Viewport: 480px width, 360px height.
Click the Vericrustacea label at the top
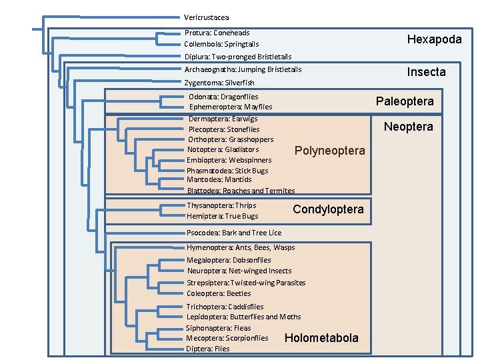point(207,17)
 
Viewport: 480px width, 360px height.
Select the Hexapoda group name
point(434,39)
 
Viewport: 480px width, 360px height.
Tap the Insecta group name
point(426,72)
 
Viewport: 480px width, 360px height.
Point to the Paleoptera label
point(404,101)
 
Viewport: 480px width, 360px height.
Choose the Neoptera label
point(409,127)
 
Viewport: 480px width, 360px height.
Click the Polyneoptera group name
point(329,151)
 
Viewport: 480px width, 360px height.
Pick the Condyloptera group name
point(328,209)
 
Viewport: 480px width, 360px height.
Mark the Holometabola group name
point(321,338)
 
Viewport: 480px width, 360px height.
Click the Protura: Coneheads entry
point(217,33)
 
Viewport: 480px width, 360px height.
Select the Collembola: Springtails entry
point(221,44)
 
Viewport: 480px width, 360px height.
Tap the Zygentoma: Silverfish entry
point(219,83)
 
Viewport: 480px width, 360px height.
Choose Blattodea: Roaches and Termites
point(241,191)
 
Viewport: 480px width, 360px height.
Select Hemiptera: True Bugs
point(222,216)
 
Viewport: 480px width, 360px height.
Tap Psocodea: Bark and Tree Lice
point(233,233)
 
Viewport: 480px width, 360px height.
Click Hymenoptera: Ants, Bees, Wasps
point(240,247)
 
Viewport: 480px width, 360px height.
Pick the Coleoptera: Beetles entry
point(219,293)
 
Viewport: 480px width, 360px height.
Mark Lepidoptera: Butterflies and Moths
point(243,317)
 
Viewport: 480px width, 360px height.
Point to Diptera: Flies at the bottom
point(208,349)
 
